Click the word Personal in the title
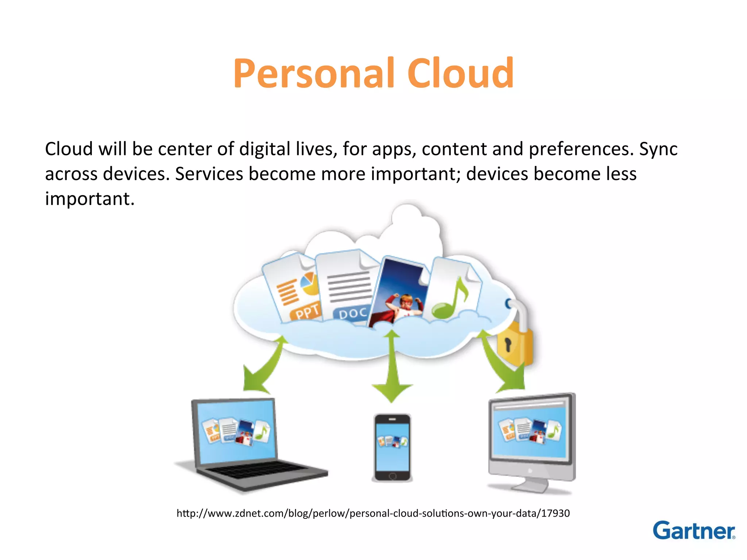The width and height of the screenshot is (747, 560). pyautogui.click(x=314, y=74)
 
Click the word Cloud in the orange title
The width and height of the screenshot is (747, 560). pyautogui.click(x=460, y=74)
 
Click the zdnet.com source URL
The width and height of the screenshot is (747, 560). pyautogui.click(x=373, y=513)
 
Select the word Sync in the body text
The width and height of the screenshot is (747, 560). pyautogui.click(x=658, y=149)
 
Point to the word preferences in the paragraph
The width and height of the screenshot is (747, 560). pyautogui.click(x=581, y=149)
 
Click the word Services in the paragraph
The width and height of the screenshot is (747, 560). pyautogui.click(x=209, y=174)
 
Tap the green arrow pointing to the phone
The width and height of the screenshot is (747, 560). pyautogui.click(x=392, y=368)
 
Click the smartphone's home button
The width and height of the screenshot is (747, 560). pyautogui.click(x=392, y=476)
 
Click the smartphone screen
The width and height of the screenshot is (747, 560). pyautogui.click(x=392, y=447)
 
